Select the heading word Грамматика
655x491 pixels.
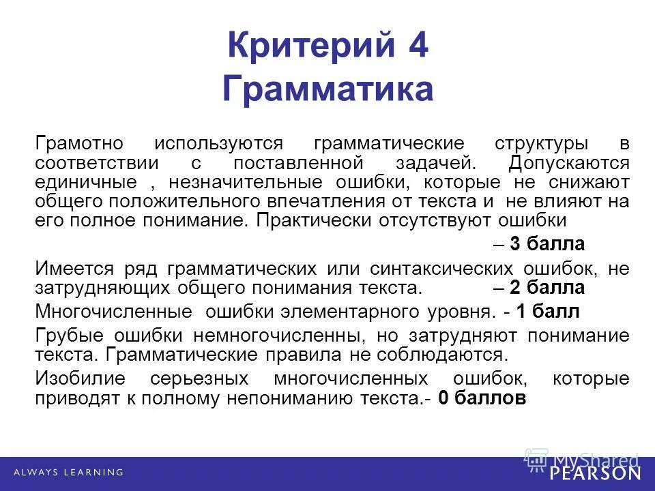click(x=327, y=89)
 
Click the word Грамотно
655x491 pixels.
click(x=79, y=145)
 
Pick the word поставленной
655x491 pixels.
click(x=297, y=164)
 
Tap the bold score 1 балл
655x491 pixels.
click(x=548, y=312)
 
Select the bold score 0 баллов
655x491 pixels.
click(x=482, y=400)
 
